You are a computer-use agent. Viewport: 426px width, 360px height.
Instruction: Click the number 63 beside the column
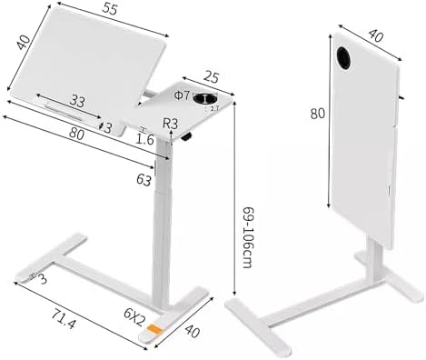pos(143,181)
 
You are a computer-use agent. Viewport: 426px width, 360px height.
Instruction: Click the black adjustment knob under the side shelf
pos(190,138)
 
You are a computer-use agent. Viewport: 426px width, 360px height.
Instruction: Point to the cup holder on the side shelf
pos(207,99)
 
